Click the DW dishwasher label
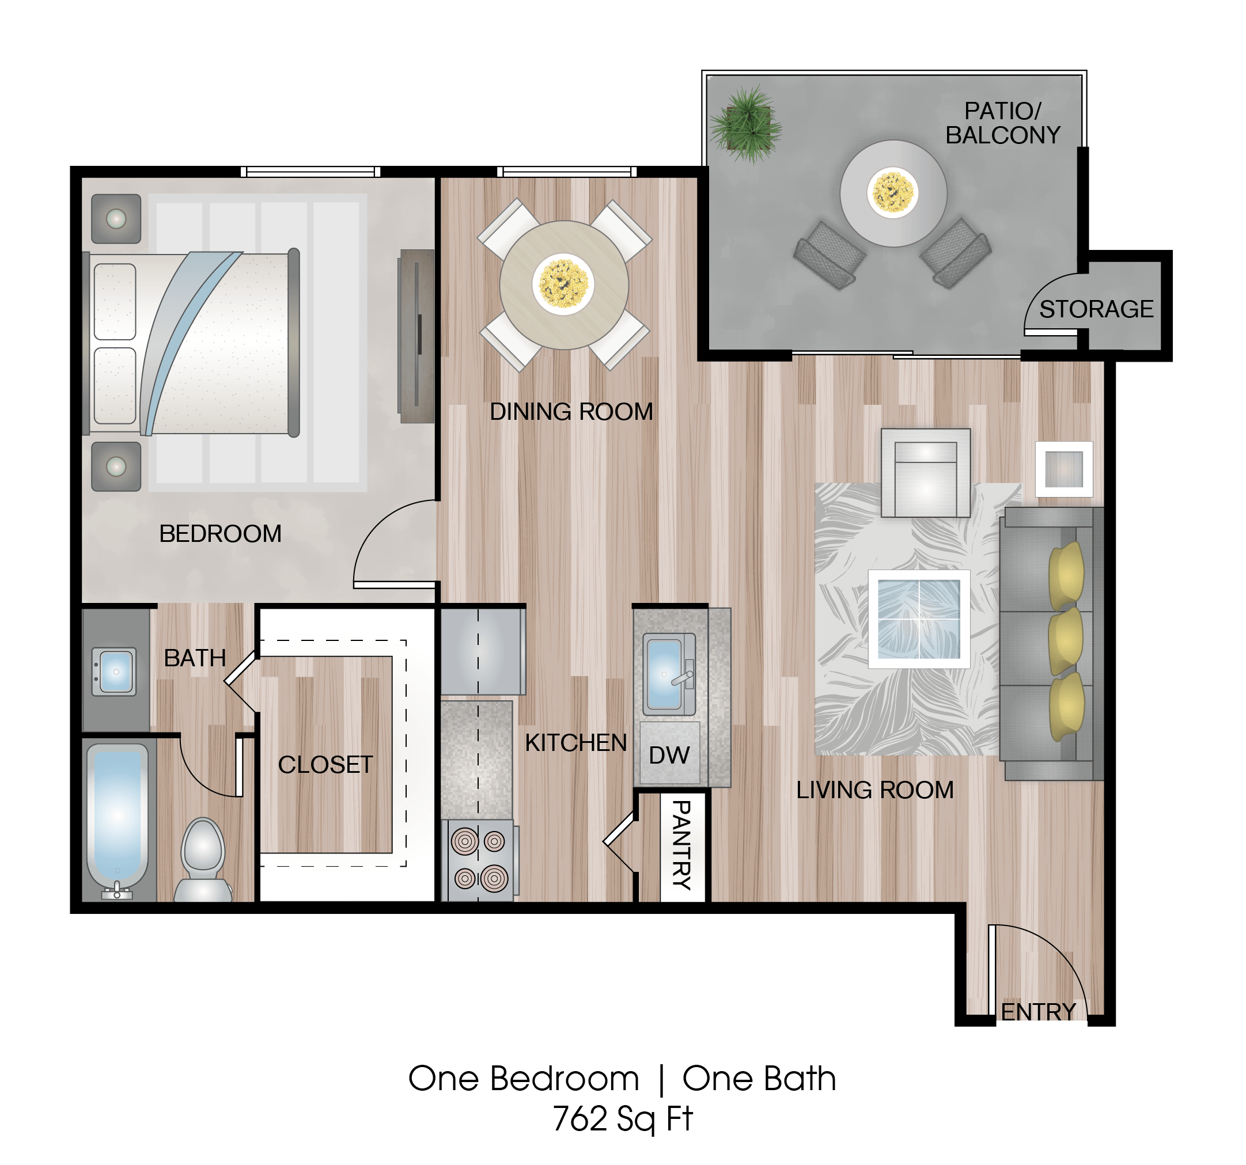[x=669, y=755]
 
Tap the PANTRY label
[x=682, y=845]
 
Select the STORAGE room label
[x=1096, y=309]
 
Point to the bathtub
[x=117, y=815]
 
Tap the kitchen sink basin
[x=664, y=674]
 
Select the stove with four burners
[x=479, y=860]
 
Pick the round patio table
[x=893, y=193]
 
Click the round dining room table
[x=563, y=284]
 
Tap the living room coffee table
[x=919, y=619]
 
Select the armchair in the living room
[x=926, y=473]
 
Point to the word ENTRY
[x=1039, y=1012]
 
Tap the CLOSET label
[x=325, y=765]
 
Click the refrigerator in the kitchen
[x=483, y=652]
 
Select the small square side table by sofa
[x=1063, y=469]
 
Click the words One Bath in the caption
[x=759, y=1079]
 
